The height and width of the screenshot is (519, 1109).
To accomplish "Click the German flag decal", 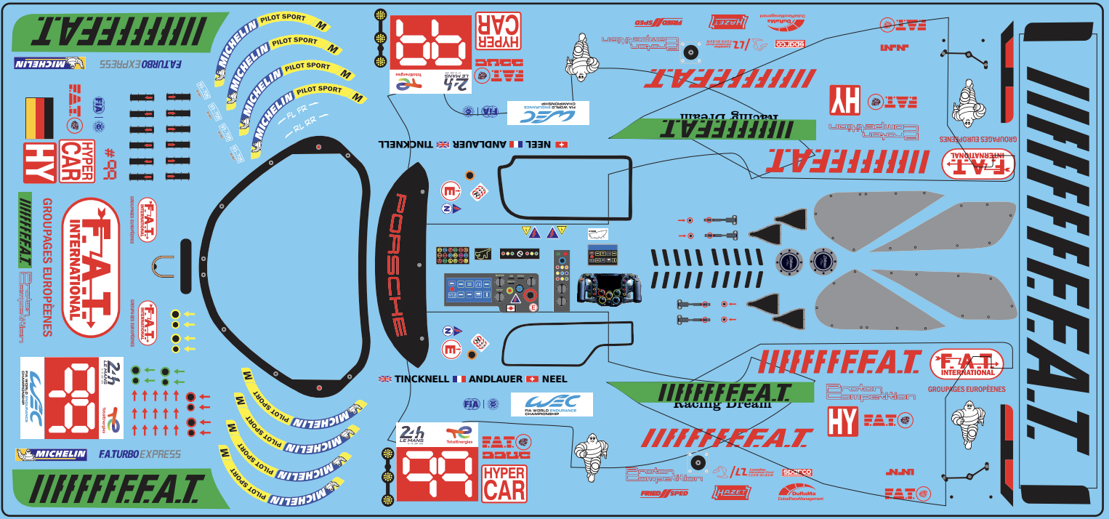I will pos(39,118).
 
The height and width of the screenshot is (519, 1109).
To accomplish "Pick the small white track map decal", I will pos(597,234).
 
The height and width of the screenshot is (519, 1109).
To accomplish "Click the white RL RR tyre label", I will pos(305,125).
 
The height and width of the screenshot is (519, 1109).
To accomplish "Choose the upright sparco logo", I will pos(796,472).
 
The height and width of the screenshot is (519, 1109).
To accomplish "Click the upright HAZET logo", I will pos(732,492).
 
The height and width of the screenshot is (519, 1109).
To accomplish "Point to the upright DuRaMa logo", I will pos(801,493).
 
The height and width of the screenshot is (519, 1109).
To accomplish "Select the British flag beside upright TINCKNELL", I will pos(385,379).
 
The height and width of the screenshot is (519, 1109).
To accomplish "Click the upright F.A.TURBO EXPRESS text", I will pos(139,454).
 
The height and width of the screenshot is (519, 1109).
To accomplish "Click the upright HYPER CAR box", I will pos(504,483).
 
